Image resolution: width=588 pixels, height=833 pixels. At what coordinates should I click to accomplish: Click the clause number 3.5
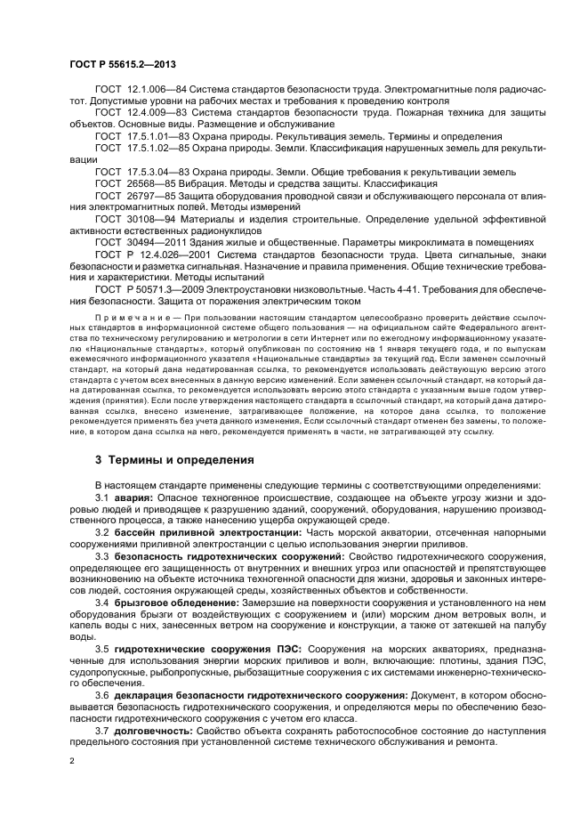coord(101,649)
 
